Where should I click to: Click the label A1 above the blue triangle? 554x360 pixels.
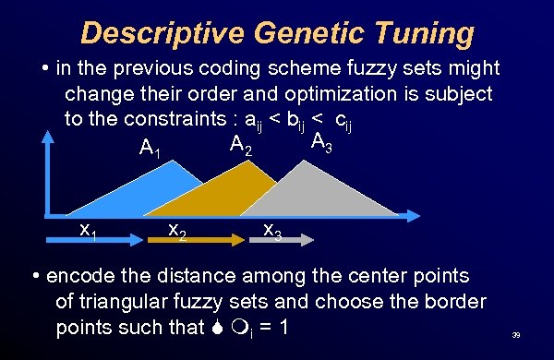click(x=149, y=148)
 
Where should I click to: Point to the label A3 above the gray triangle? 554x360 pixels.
click(x=322, y=143)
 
